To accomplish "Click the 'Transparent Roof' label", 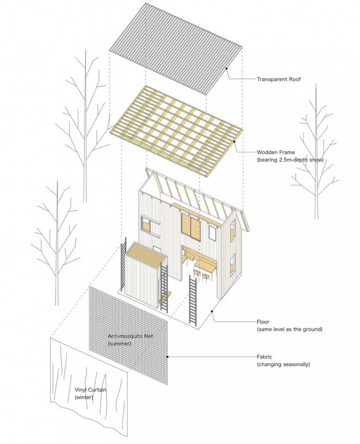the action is [x=278, y=79].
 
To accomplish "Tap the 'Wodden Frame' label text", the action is [x=275, y=152].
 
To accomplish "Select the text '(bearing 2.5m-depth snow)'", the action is [x=290, y=160].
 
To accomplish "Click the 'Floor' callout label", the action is [x=263, y=322].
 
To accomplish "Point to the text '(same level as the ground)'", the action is [x=290, y=329].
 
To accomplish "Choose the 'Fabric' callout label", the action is [x=264, y=357].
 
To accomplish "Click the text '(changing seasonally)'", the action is [x=283, y=364].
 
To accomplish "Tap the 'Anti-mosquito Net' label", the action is [x=130, y=336].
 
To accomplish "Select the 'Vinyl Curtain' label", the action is [x=90, y=390].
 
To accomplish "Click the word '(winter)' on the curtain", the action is [x=84, y=397].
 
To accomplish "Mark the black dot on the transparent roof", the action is [x=227, y=69].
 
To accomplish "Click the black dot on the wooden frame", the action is [x=235, y=141].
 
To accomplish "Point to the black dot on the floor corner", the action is [x=212, y=311].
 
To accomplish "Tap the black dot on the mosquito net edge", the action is [x=167, y=357].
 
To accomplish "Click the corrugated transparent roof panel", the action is [x=175, y=49].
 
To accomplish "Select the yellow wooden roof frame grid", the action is [x=176, y=131].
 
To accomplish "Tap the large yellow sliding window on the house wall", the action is [x=191, y=227].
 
